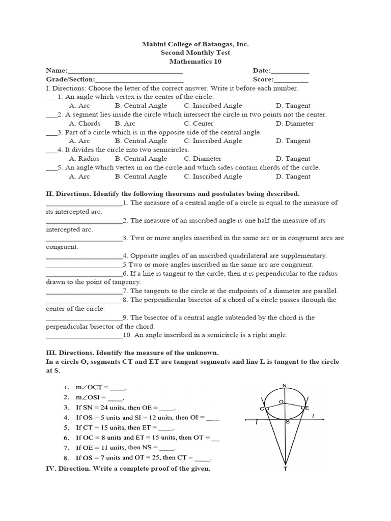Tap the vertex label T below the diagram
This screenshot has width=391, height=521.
[285, 469]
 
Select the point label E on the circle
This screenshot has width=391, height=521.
[307, 408]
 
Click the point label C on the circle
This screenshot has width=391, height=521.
[261, 409]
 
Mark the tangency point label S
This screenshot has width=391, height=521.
[288, 422]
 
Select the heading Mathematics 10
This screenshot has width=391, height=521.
[195, 62]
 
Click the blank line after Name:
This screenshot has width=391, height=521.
[125, 71]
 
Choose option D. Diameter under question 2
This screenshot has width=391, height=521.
[295, 123]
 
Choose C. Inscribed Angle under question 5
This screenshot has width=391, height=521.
[213, 177]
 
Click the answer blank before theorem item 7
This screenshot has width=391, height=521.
[84, 292]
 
